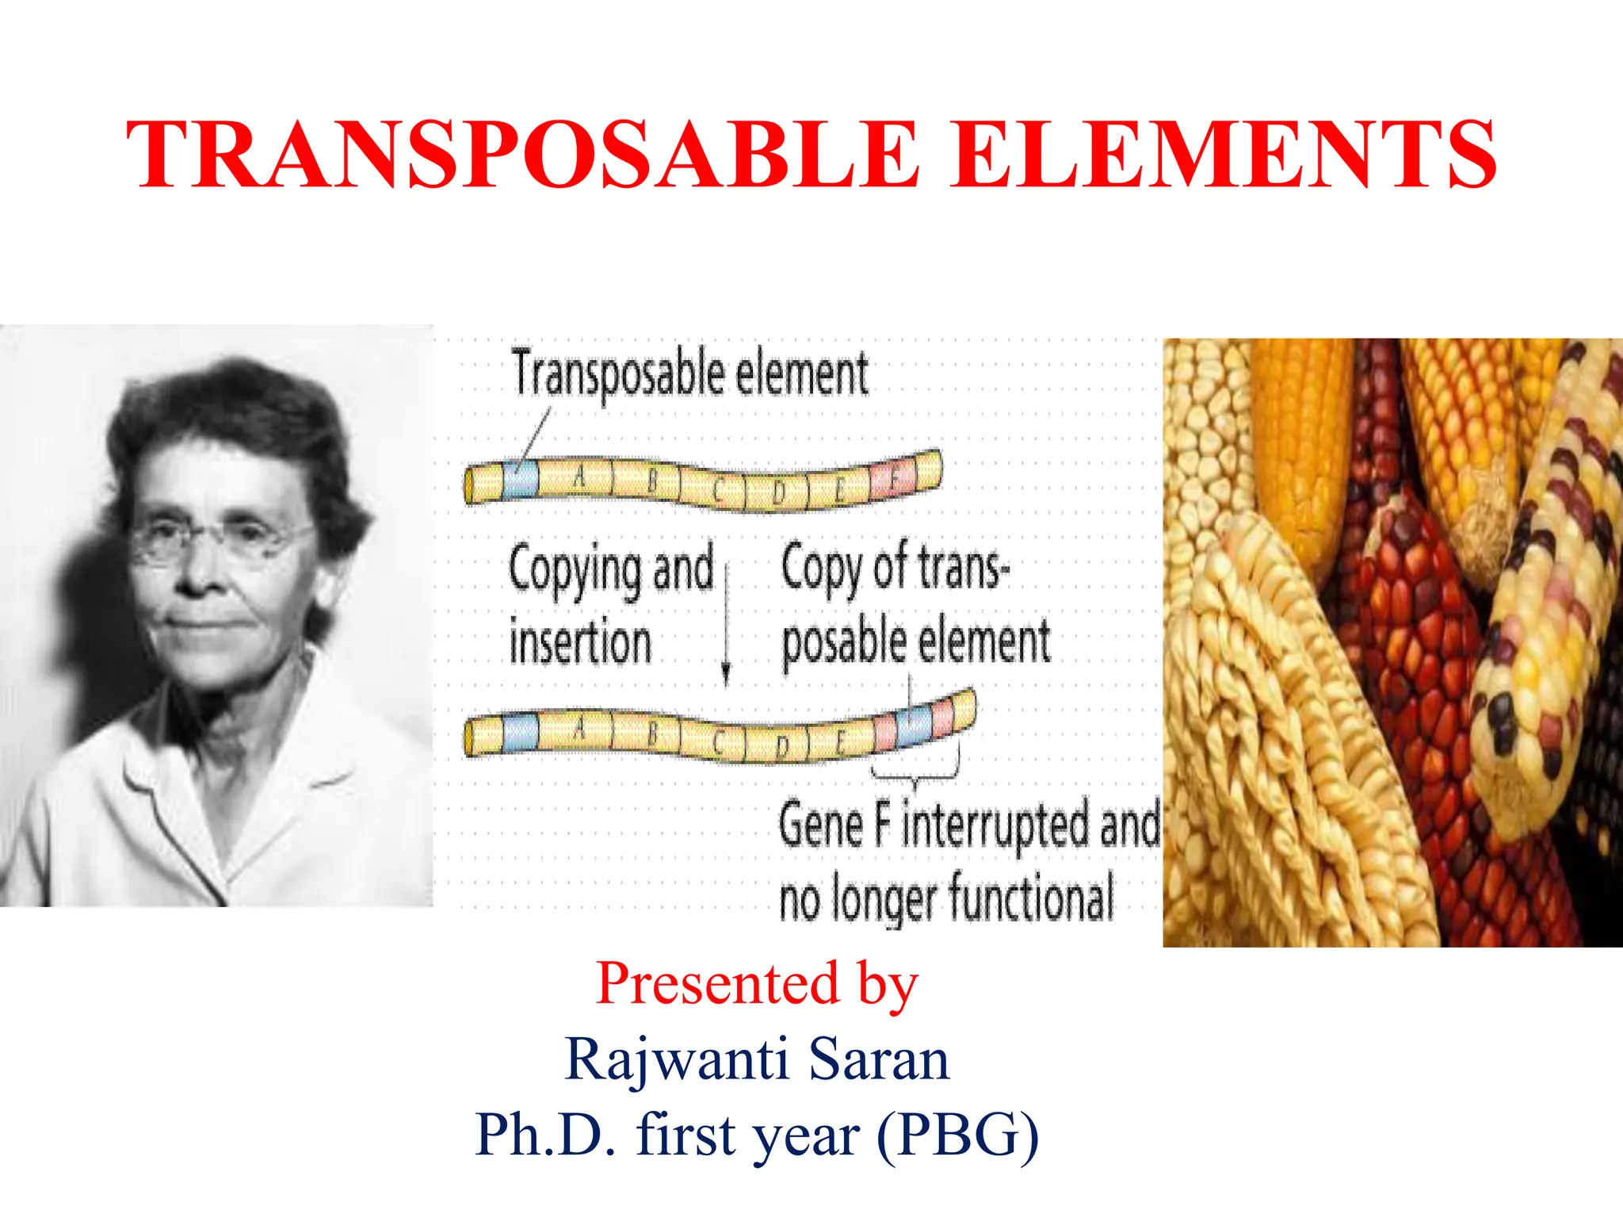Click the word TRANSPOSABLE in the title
523,155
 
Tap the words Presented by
757,983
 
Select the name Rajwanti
677,1060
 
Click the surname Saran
879,1060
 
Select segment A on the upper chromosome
579,478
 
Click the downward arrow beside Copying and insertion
726,619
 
